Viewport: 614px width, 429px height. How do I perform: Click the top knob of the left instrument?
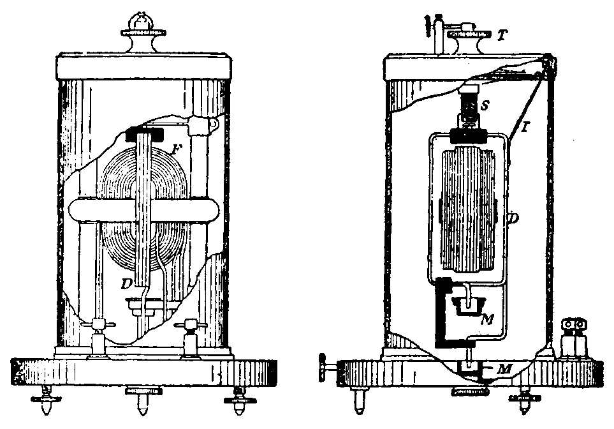click(140, 23)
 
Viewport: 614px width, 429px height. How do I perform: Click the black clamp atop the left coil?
click(146, 135)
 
